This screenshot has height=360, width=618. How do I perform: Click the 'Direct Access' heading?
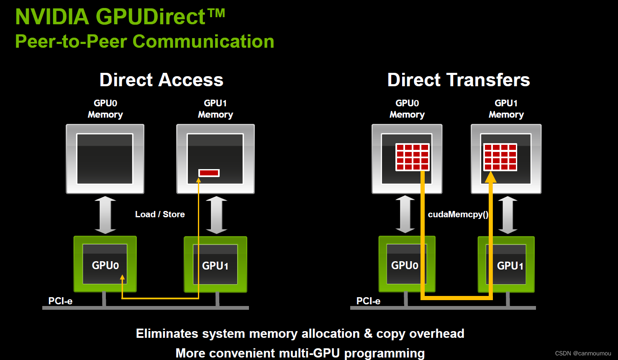(161, 80)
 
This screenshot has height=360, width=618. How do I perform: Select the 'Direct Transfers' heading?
(458, 80)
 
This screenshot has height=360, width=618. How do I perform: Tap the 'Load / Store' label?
(160, 214)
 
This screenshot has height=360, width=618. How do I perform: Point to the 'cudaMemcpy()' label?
(458, 214)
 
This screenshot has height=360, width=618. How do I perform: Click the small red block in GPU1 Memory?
(209, 173)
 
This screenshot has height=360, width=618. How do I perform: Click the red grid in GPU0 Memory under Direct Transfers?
(413, 157)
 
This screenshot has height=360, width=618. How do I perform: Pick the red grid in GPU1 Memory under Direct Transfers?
(500, 157)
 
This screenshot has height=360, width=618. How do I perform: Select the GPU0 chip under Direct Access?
(105, 265)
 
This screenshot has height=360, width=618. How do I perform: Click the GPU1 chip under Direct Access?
(215, 265)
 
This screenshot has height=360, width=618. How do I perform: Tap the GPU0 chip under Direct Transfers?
(406, 265)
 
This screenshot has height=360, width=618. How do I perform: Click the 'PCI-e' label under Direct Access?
(60, 301)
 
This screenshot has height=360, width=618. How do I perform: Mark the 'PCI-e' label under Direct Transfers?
(368, 301)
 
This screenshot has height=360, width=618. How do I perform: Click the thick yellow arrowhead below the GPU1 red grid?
(490, 177)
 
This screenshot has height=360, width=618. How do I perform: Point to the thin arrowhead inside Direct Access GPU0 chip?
(122, 277)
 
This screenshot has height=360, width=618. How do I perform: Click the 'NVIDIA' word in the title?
(52, 17)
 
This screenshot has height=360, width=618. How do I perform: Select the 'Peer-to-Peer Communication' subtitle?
(144, 41)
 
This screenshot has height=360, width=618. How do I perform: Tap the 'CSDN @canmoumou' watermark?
(583, 353)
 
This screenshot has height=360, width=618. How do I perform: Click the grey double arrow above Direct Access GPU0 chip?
(105, 215)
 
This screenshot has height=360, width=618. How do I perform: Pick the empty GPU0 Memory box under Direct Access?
(105, 159)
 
